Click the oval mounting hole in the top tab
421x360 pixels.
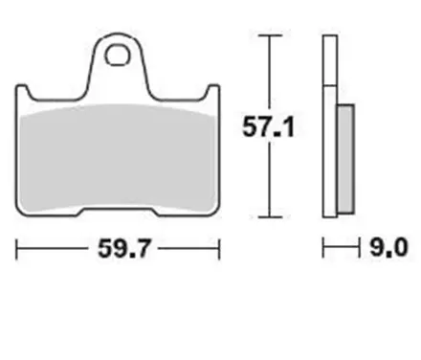[x=119, y=56]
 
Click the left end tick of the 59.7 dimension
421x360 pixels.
[x=17, y=251]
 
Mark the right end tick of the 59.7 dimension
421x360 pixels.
[x=220, y=251]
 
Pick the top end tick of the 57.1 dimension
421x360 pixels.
[x=274, y=35]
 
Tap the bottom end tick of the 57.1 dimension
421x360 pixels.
[x=274, y=215]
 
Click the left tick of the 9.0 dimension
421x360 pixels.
[x=323, y=251]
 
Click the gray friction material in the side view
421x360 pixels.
[x=345, y=157]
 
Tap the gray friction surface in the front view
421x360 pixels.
[x=119, y=153]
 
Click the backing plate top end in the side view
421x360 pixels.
[x=329, y=38]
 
